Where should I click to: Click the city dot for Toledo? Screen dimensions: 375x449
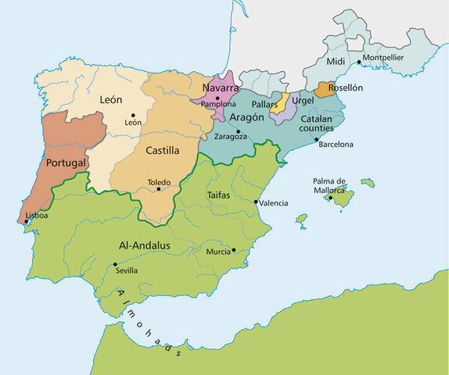159,188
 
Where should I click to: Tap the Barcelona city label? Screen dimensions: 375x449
336,145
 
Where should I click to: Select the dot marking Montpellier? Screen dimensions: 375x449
359,62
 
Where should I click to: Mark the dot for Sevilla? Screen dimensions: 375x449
116,264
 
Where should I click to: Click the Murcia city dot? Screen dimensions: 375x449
233,250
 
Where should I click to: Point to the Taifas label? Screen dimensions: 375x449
218,195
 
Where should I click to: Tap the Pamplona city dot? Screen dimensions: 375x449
217,98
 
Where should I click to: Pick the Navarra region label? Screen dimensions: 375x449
221,87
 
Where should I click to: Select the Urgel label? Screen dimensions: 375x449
303,101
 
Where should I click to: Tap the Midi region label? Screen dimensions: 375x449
335,61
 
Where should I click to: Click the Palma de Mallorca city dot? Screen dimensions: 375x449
330,198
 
